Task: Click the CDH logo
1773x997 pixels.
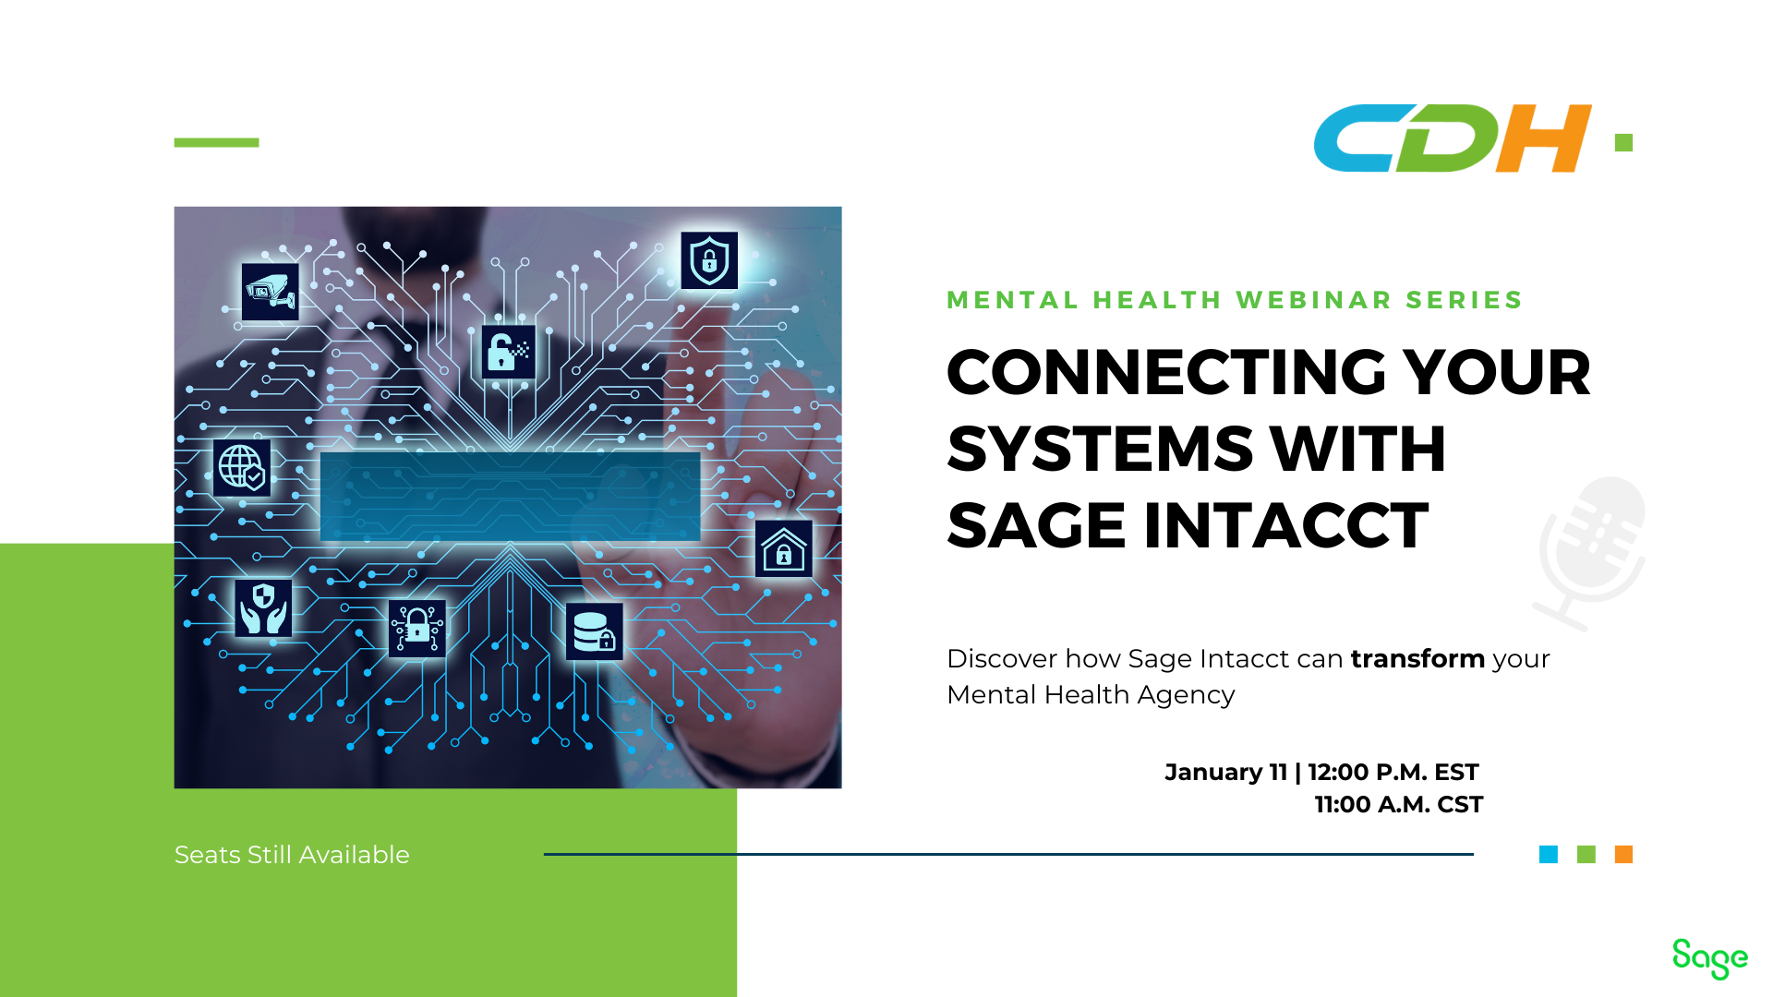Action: point(1453,138)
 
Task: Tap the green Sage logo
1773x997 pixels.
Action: point(1709,958)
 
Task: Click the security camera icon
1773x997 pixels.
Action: point(270,292)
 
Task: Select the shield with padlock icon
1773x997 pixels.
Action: point(709,260)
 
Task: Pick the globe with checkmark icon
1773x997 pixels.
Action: point(242,468)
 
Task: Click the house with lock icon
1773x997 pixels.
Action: point(784,549)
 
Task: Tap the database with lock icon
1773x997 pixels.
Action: point(594,632)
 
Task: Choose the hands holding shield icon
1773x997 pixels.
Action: point(263,607)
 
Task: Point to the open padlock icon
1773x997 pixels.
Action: point(508,352)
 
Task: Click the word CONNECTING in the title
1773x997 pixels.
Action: point(1167,372)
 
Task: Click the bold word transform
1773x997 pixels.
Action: point(1417,659)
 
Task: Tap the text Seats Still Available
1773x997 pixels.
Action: point(292,855)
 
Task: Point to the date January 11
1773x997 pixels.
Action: point(1225,772)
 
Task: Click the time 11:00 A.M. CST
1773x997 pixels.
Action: point(1398,805)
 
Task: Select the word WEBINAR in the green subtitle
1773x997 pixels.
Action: point(1314,300)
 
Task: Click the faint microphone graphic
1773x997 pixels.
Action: point(1590,553)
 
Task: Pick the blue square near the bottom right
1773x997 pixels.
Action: point(1549,855)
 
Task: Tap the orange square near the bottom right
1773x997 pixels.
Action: point(1623,855)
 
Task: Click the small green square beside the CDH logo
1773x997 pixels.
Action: point(1623,142)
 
